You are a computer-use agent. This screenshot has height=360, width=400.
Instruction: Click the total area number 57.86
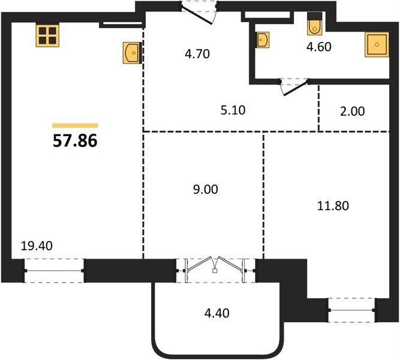pos(75,141)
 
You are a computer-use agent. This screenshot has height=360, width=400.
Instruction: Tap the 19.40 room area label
pos(37,246)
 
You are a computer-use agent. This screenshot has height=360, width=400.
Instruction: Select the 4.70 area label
pos(197,54)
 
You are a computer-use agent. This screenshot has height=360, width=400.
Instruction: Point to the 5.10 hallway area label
pos(233,110)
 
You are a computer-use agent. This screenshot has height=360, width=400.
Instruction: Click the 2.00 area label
pos(352,112)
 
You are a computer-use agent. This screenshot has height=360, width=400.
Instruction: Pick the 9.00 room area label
pos(205,190)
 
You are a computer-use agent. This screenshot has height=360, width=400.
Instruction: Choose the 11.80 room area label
pos(333,206)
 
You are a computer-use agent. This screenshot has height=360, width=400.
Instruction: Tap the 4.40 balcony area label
pos(217,313)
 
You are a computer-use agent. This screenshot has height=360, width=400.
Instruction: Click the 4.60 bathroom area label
pos(319,47)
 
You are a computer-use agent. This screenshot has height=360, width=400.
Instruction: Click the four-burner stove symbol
pos(47,35)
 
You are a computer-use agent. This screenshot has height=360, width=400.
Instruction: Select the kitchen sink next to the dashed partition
pos(132,53)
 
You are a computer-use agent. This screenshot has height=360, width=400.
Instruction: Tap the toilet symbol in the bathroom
pos(315,23)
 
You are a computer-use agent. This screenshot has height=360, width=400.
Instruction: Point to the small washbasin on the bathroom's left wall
pos(263,40)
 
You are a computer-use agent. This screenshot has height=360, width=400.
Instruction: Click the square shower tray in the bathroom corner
pos(377,44)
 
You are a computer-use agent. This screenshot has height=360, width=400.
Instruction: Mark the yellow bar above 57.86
pos(75,125)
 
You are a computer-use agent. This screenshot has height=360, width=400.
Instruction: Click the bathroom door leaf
pos(296,88)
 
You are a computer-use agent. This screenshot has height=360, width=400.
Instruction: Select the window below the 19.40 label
pos(54,271)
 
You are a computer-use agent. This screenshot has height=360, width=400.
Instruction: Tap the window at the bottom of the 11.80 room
pos(352,310)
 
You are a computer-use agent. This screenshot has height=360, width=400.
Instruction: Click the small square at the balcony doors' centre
pos(215,271)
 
